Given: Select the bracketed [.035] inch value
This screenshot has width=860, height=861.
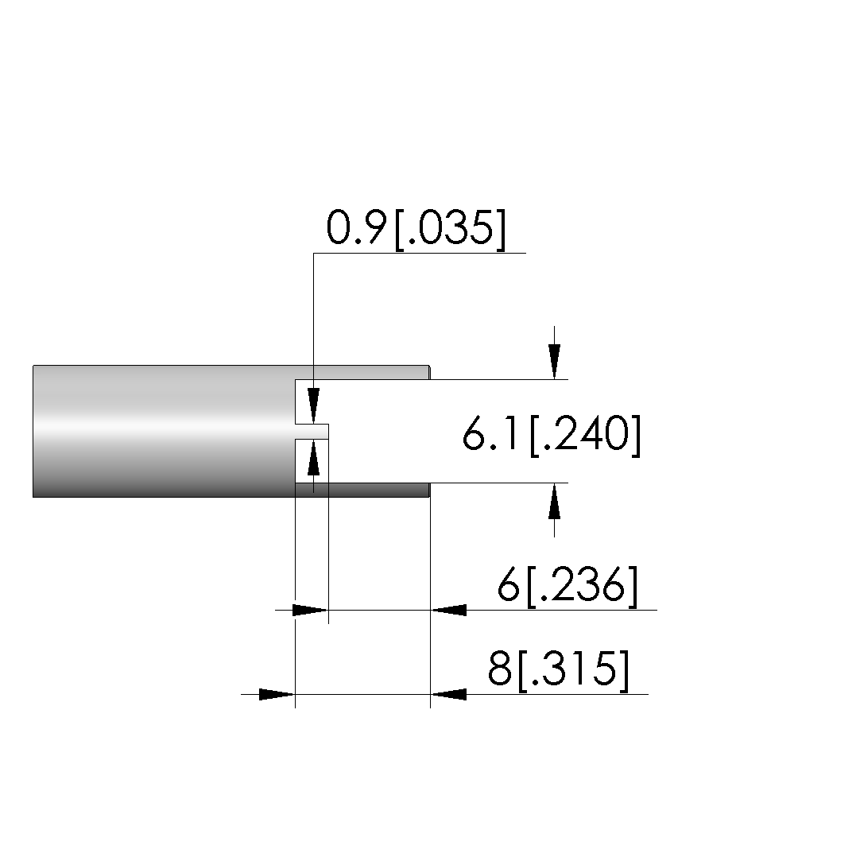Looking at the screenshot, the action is [450, 230].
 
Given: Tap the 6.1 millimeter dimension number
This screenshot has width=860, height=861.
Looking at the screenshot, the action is [490, 433].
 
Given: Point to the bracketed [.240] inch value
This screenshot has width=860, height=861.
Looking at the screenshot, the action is [586, 436].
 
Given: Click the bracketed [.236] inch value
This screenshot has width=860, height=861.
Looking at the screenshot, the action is [582, 587].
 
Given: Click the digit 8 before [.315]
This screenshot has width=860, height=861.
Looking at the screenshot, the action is [500, 669].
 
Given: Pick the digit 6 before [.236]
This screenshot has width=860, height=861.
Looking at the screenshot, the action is [509, 584].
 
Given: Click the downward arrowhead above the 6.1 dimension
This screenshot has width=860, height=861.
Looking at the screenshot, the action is [554, 361].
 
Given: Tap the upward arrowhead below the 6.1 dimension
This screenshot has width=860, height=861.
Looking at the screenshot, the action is [554, 501].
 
